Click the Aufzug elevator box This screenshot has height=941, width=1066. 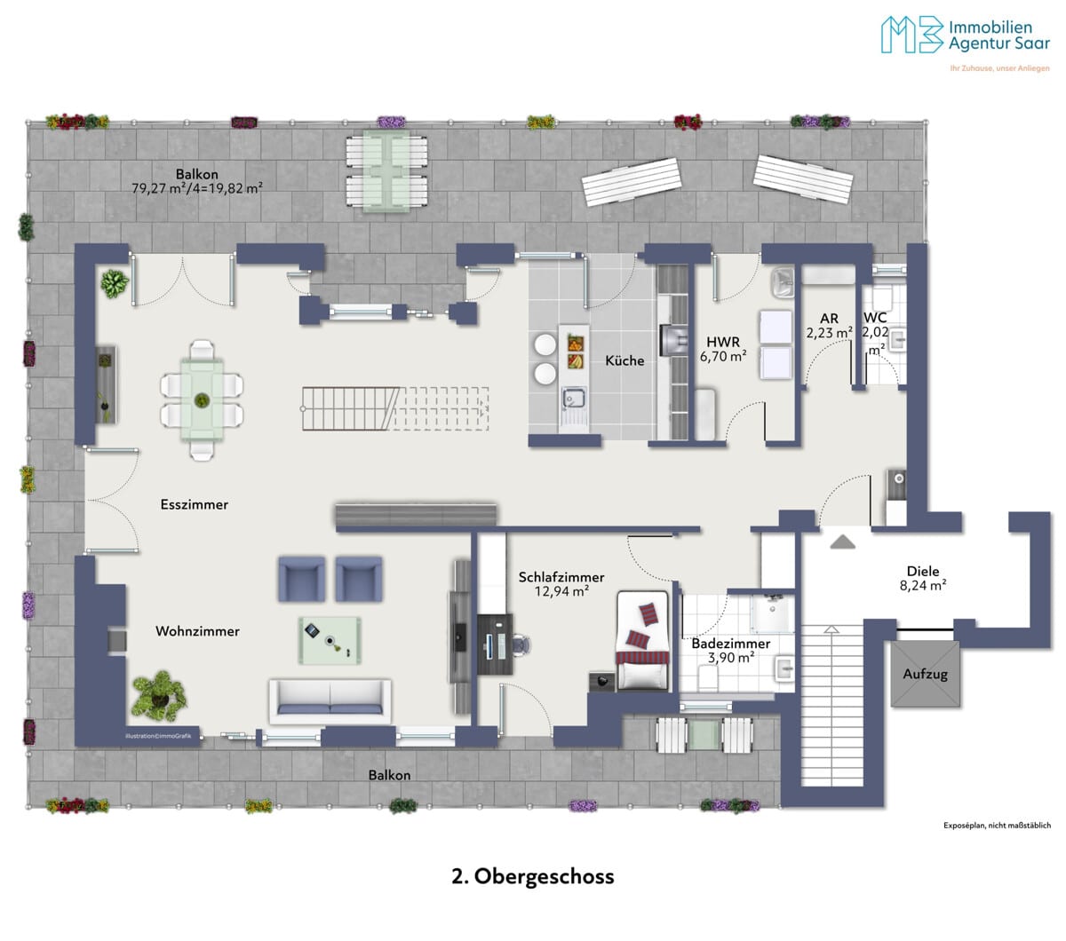coord(925,674)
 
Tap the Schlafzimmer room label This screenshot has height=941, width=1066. coord(561,577)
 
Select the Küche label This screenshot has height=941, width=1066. coord(624,360)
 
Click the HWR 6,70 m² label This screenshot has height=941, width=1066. coord(723,349)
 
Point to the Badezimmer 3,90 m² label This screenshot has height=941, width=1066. coord(731,651)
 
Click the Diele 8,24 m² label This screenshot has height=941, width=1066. coord(923,578)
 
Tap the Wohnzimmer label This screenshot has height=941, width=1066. coord(197,631)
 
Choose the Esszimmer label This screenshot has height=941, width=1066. coord(195,504)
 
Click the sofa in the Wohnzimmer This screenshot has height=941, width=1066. coord(330,701)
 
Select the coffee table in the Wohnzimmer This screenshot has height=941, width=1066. coord(330,640)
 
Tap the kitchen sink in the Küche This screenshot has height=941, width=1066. coord(574,404)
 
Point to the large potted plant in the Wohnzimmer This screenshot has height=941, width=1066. coord(159,695)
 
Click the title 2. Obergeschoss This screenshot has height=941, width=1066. coord(532,876)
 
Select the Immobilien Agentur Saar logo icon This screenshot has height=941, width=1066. coord(912,35)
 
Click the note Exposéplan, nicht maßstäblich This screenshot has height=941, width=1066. coord(997,826)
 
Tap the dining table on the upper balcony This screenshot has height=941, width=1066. coord(386,171)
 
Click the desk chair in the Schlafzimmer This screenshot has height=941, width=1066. coord(520,644)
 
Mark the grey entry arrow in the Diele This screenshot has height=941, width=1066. coord(842,542)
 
